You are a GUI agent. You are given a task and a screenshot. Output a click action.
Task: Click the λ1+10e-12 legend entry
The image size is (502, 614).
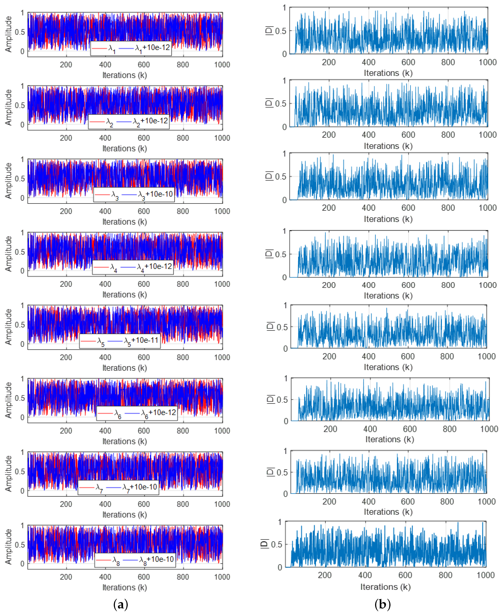[152, 48]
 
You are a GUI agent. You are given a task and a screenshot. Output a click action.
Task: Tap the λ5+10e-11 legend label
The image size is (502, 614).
[141, 341]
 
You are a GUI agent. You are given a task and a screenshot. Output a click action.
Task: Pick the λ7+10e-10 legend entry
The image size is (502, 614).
[140, 488]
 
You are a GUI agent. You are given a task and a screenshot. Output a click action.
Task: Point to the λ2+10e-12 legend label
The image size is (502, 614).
[150, 121]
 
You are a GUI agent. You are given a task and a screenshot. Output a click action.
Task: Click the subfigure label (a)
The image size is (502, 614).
[121, 604]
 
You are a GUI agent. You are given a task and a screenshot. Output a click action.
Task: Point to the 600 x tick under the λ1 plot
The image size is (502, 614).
[144, 65]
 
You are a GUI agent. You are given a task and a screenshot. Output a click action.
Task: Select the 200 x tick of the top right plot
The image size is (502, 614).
[329, 62]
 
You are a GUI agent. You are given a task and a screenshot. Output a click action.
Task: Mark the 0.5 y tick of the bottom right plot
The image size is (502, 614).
[277, 544]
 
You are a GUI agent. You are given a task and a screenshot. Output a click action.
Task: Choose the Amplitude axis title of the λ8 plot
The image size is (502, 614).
[9, 547]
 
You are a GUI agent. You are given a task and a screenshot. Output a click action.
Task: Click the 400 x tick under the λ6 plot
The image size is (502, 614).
[105, 431]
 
